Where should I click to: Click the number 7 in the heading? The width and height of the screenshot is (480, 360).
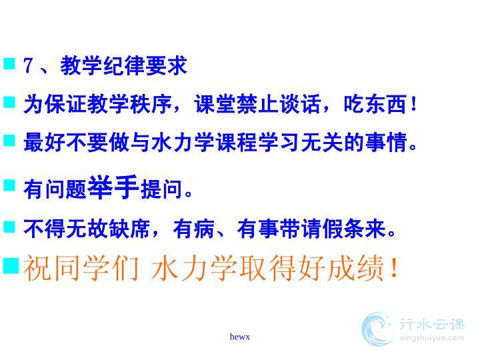click(28, 65)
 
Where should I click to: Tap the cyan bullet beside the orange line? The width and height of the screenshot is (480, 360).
click(11, 265)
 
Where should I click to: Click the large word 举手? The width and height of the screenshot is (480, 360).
click(113, 187)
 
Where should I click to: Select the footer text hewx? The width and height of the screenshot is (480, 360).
click(240, 337)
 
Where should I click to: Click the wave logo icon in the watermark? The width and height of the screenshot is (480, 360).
click(377, 329)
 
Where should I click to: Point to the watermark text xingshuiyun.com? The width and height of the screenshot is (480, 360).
click(431, 338)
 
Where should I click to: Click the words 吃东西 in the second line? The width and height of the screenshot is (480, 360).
click(375, 104)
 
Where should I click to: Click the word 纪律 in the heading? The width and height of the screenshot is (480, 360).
click(124, 65)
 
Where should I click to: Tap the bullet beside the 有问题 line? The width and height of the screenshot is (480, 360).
click(9, 185)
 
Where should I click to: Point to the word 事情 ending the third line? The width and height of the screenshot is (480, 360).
click(387, 143)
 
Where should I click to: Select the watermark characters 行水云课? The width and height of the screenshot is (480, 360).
click(432, 325)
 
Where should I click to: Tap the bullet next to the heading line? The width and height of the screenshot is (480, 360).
click(9, 64)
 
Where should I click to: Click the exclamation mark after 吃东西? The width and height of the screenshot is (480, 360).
click(413, 104)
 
